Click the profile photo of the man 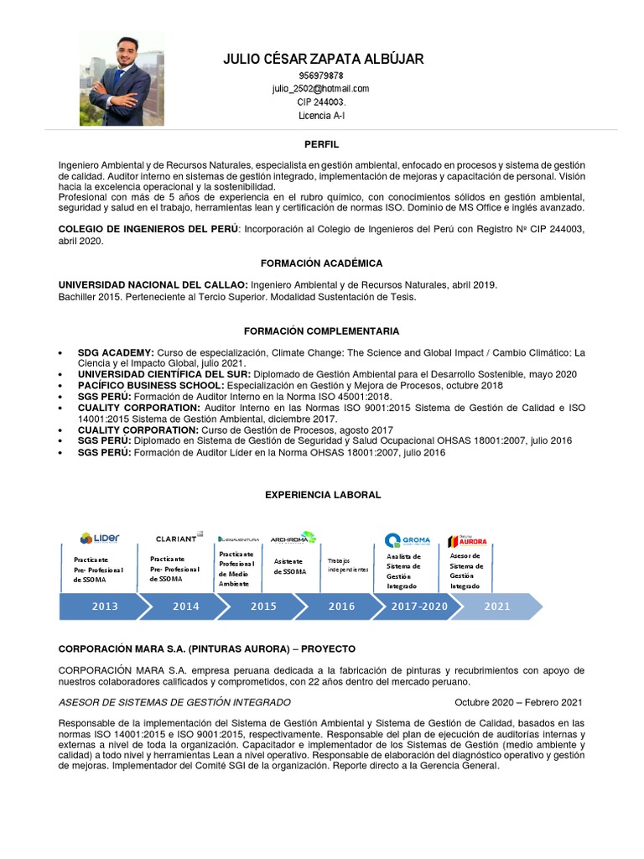click(116, 80)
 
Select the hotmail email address click(320, 88)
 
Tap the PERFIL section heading click(321, 145)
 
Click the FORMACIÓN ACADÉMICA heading click(321, 263)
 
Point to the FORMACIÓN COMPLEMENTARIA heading click(321, 331)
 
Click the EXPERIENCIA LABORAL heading click(323, 495)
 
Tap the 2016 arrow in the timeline click(341, 607)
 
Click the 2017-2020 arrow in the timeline click(419, 607)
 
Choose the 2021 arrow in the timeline click(497, 607)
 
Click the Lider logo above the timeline click(100, 538)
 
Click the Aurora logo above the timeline click(467, 541)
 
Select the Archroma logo click(293, 538)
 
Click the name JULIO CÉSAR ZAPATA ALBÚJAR click(323, 59)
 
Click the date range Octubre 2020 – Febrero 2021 click(517, 702)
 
